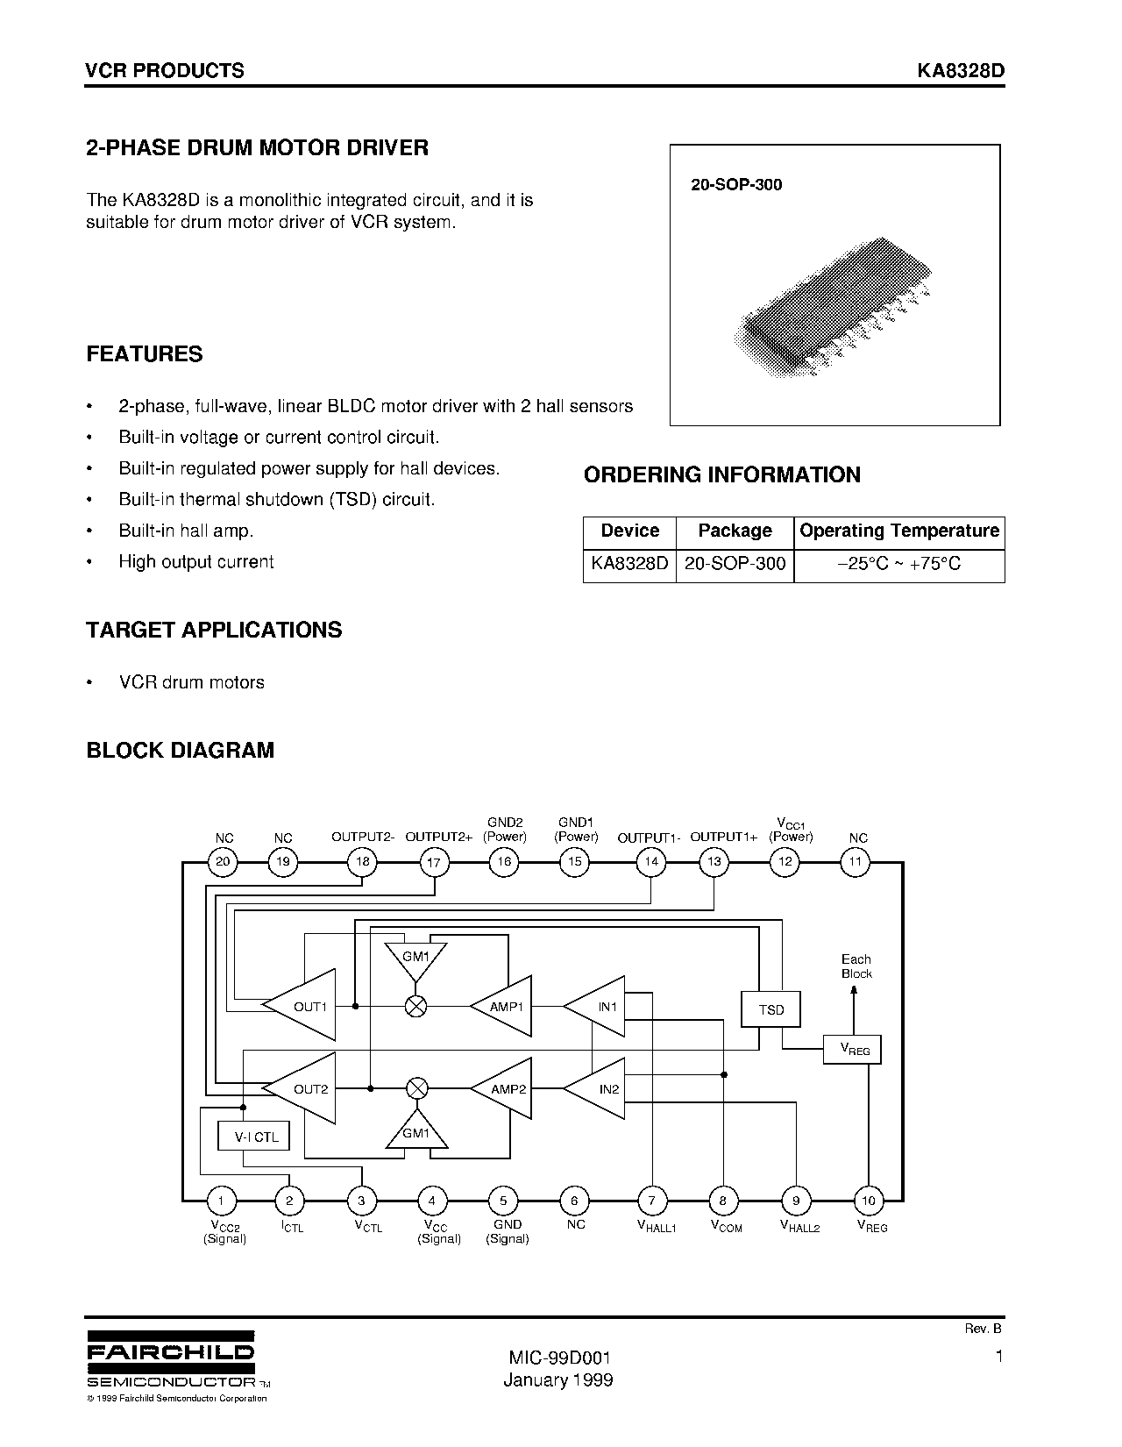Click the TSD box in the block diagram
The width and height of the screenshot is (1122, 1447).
coord(771,1009)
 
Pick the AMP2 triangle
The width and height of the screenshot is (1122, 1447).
coord(504,1089)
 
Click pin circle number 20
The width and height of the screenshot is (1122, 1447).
coord(223,861)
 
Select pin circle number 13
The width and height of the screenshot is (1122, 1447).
coord(714,861)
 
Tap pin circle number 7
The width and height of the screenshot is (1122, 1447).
coord(652,1201)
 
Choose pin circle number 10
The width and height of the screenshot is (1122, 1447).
coord(869,1201)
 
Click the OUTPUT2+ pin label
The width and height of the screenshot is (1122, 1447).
coord(438,838)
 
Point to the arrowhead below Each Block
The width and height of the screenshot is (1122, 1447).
coord(856,991)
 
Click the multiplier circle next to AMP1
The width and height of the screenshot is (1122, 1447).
coord(416,1007)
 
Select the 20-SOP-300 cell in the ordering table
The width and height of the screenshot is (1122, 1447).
coord(735,564)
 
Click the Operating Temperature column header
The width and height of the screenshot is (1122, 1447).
coord(899,531)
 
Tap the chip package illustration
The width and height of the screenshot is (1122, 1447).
coord(833,307)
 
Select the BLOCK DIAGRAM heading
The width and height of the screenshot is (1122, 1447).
coord(180,751)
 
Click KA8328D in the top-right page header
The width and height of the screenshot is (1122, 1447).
coord(961,71)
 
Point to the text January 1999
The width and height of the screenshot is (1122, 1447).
coord(558,1379)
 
